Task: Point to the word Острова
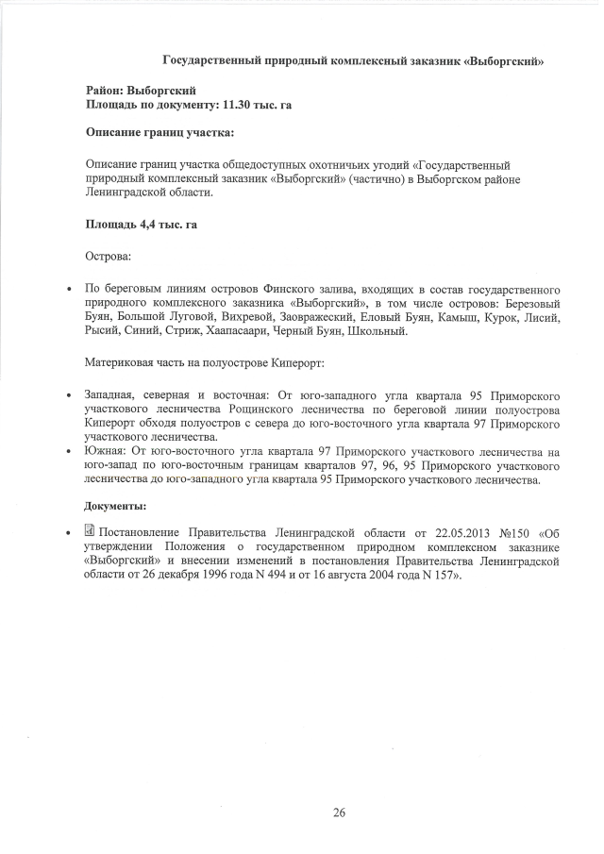pos(109,256)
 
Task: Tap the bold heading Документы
pos(116,505)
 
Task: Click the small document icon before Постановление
pos(91,535)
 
